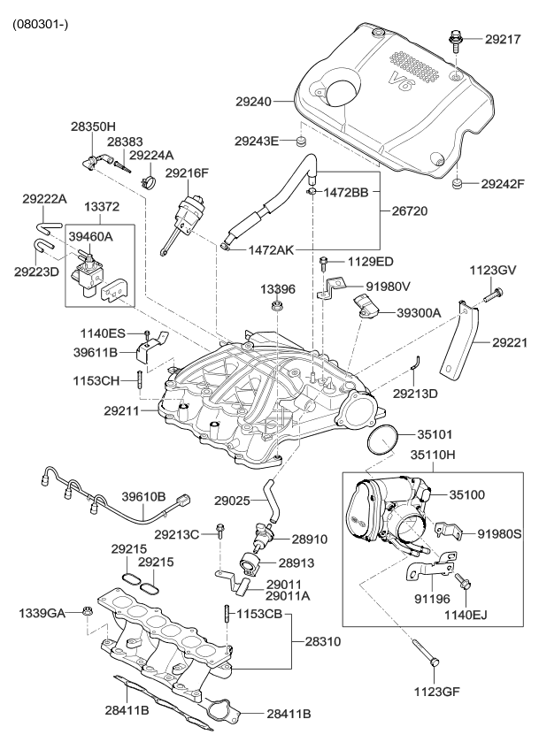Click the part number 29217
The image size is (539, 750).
tap(504, 40)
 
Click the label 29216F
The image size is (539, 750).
tap(187, 173)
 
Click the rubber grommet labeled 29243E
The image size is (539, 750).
tap(301, 141)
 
